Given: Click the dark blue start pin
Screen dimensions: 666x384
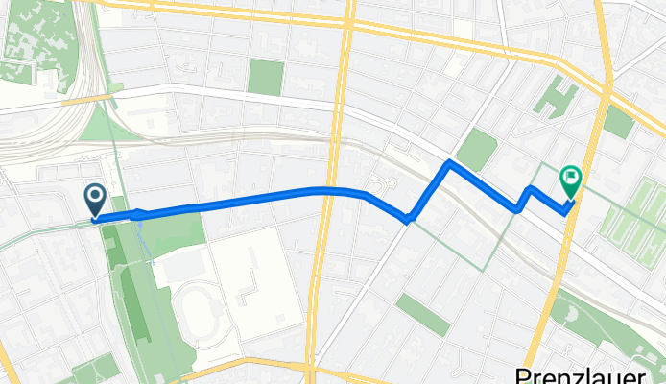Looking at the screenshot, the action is pos(97,200).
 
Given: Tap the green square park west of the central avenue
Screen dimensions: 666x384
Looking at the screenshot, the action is pos(266,77).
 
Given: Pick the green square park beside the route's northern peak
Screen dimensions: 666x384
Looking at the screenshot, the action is pos(477,149).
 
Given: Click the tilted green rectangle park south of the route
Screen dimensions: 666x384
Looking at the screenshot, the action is pos(423,315).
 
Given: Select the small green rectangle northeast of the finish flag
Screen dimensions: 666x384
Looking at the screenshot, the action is pos(618,121).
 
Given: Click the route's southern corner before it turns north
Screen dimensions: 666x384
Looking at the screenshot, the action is pos(410,220).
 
